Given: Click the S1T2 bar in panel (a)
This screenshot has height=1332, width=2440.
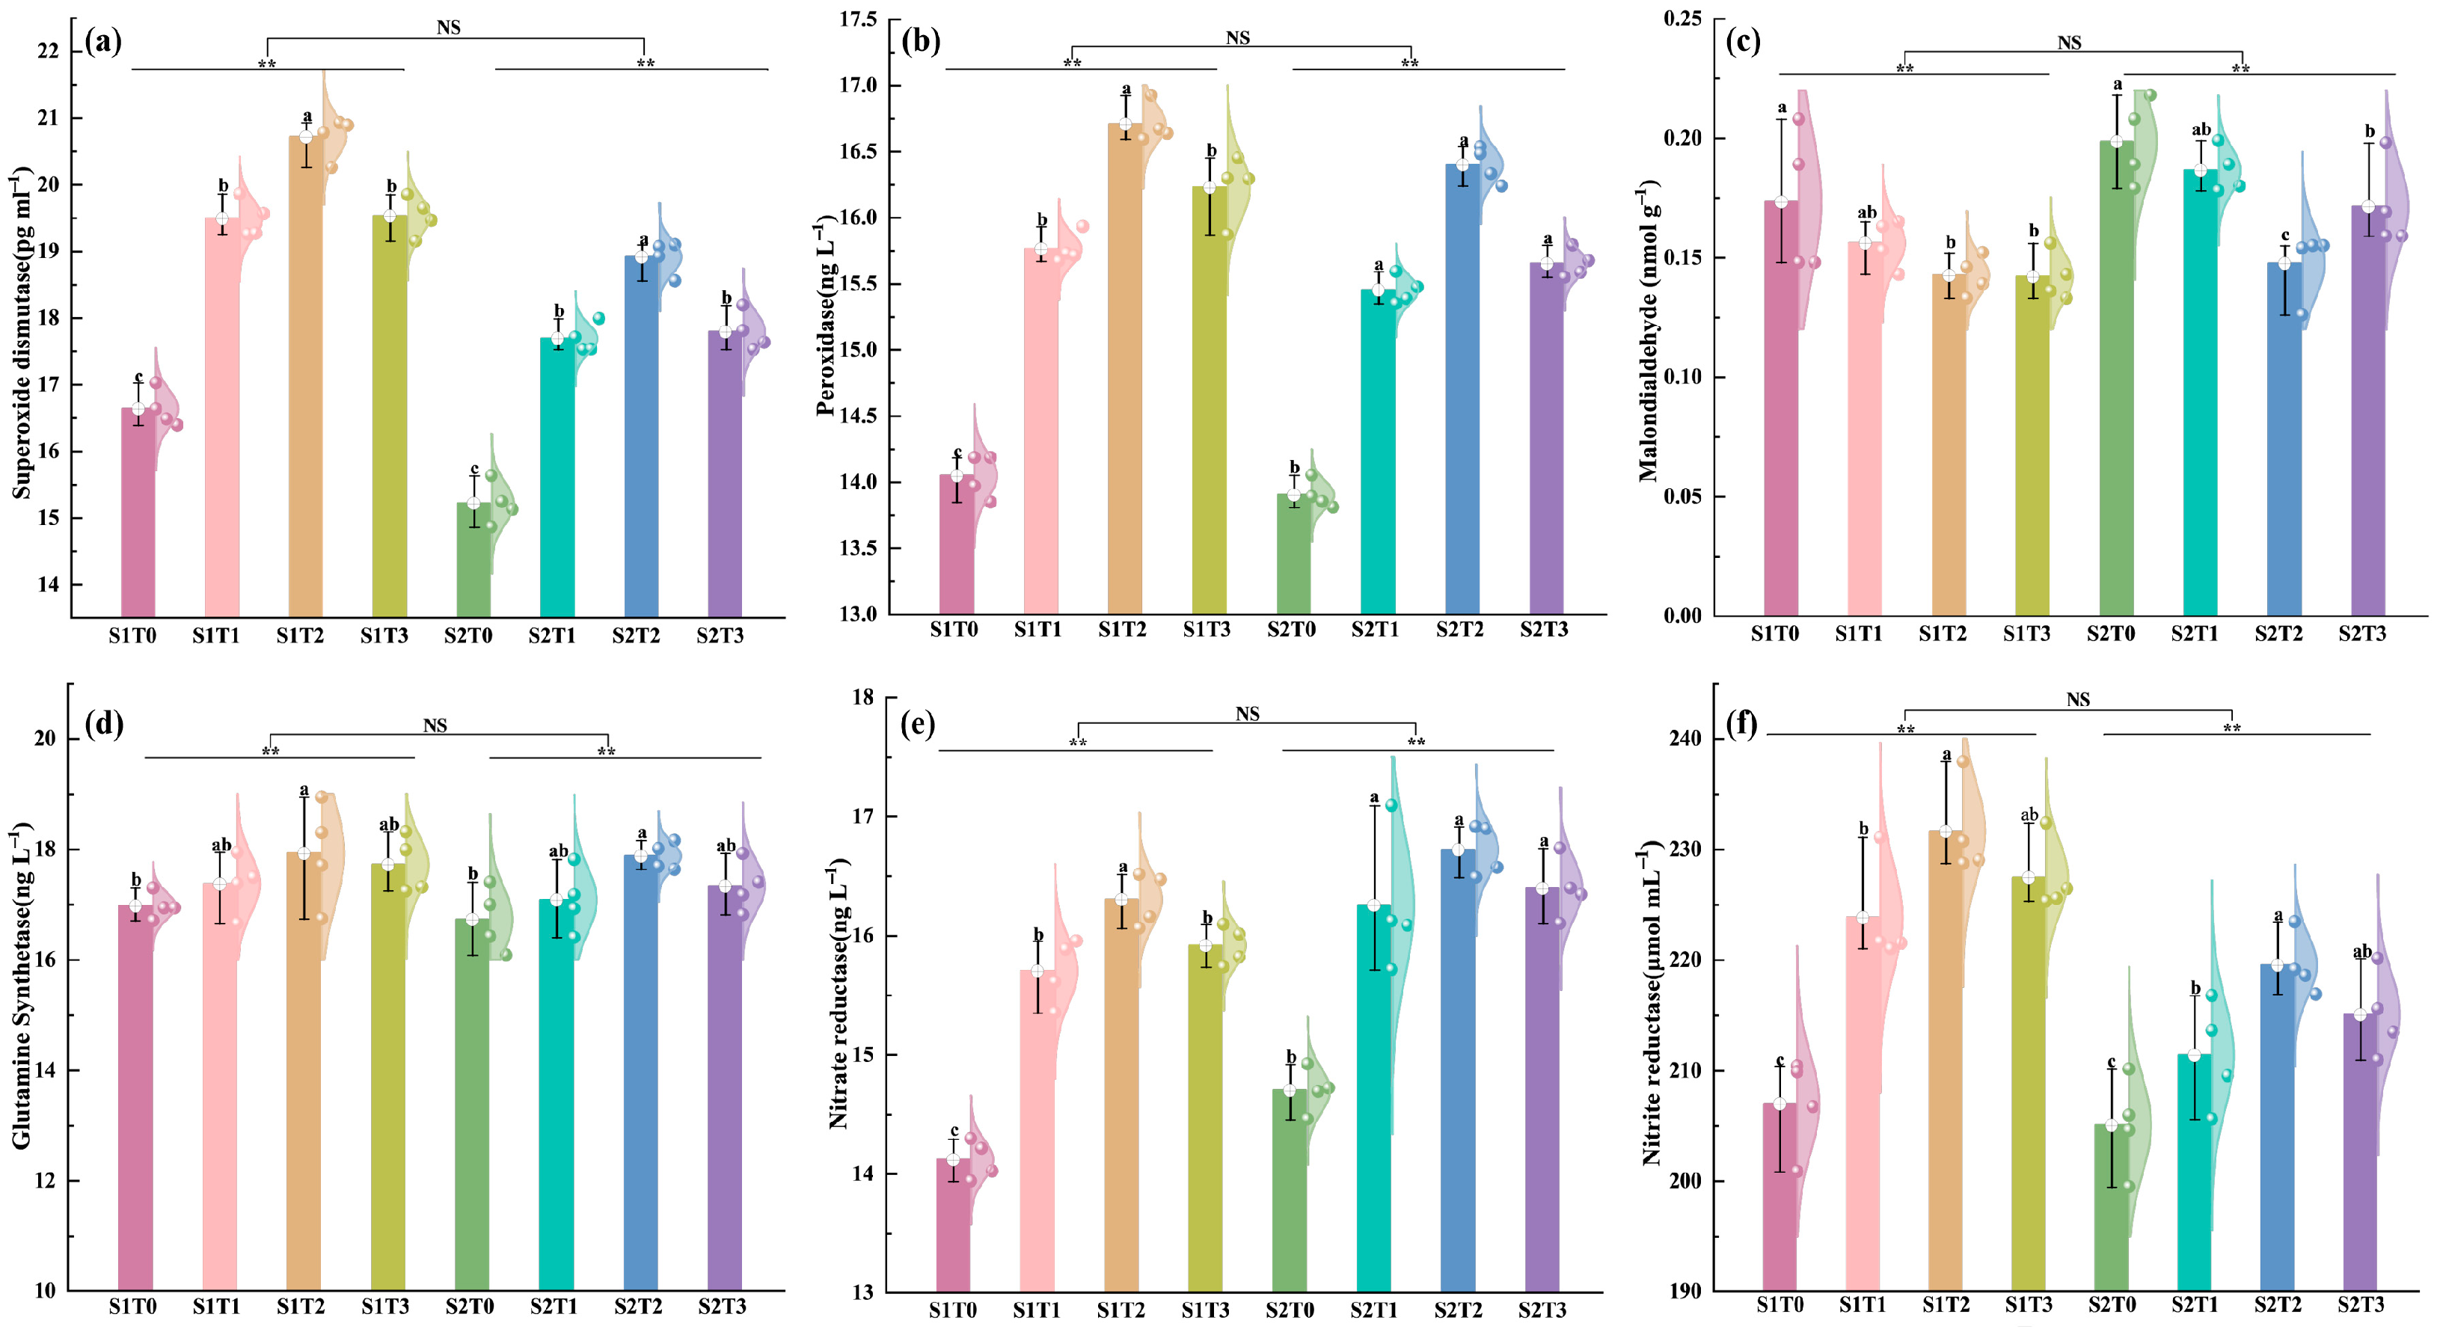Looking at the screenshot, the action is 306,377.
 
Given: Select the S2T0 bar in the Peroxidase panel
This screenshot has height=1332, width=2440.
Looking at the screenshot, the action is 1294,553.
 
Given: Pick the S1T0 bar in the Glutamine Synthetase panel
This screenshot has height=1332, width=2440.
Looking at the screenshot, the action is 135,1098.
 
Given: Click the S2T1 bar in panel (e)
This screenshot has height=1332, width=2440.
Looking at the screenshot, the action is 1373,1098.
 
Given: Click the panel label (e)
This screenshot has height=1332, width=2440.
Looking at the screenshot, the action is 917,724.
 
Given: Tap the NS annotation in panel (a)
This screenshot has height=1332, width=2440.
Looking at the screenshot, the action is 449,28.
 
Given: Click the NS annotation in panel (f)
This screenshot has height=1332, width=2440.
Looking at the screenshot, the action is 2078,699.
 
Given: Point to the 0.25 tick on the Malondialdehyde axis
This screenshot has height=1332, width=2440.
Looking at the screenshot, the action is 1682,19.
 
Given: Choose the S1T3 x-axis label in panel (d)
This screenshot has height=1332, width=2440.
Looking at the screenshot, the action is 384,1307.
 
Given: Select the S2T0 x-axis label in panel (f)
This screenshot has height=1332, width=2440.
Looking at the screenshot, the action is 2112,1304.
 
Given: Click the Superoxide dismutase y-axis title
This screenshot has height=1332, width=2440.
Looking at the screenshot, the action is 21,334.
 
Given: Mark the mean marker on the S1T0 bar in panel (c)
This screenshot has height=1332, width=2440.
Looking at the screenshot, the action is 1782,202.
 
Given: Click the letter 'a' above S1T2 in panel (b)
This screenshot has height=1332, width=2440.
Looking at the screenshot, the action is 1126,90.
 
